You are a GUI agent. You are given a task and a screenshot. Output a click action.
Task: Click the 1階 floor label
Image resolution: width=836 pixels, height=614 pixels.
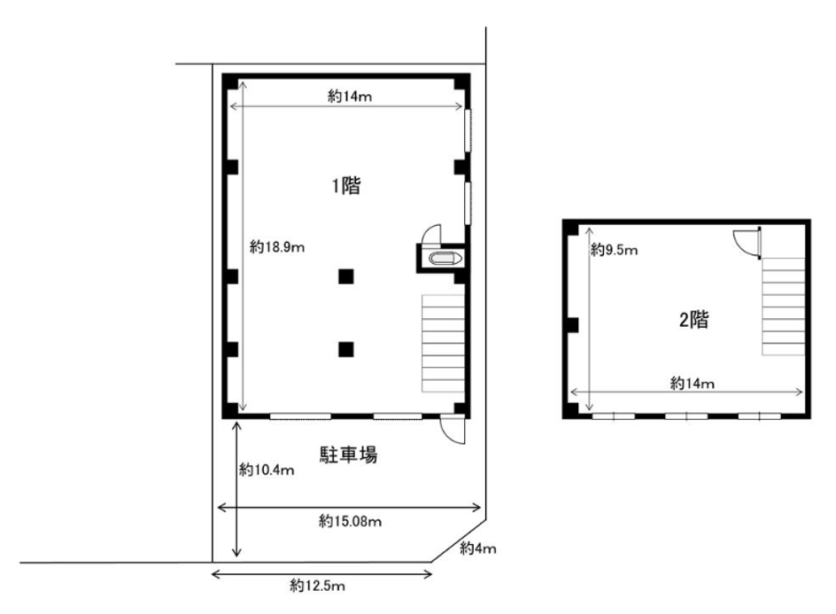[346, 186]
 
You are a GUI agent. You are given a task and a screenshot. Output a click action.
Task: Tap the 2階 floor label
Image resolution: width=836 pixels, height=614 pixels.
[693, 320]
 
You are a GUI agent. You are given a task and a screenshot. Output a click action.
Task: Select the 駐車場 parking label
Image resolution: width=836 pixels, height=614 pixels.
[349, 455]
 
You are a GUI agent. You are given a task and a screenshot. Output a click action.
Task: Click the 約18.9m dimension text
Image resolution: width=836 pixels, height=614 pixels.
[277, 247]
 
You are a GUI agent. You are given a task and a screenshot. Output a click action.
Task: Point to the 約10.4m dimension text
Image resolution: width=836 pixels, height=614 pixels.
[267, 470]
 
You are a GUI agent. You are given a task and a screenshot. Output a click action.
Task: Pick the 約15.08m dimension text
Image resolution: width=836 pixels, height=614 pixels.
[351, 521]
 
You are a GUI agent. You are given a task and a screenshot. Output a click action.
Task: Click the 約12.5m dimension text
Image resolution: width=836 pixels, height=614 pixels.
[317, 586]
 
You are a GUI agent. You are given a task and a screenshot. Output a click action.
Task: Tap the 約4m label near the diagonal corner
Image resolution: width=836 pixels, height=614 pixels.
[478, 548]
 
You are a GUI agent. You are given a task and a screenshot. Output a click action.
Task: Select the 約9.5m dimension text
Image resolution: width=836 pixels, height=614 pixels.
[615, 250]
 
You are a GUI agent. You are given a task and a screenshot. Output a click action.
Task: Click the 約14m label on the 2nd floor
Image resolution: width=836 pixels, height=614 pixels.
[692, 383]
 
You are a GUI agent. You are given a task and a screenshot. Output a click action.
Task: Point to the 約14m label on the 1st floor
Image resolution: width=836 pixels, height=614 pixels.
[350, 97]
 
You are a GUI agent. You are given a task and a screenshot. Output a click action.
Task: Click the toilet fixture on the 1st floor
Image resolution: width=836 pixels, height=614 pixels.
[445, 259]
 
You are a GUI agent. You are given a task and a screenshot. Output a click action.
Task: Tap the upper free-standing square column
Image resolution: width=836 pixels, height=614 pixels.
[346, 276]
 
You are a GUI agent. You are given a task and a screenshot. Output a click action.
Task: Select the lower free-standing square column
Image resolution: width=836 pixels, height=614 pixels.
[346, 349]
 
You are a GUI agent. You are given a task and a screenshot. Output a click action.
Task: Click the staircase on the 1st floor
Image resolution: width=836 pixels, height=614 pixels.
[443, 344]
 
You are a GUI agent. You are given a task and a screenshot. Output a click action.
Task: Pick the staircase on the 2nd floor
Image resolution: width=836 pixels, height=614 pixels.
[783, 307]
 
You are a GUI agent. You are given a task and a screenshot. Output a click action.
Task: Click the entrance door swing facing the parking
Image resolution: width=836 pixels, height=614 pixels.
[453, 430]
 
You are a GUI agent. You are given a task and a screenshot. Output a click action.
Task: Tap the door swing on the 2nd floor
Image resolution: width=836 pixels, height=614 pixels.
[747, 244]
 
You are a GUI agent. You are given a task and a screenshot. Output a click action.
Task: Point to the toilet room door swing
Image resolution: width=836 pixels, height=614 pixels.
[430, 234]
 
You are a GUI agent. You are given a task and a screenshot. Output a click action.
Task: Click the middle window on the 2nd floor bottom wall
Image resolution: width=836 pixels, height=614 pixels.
[686, 416]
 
